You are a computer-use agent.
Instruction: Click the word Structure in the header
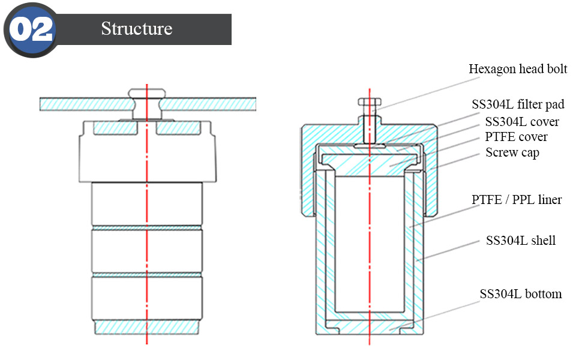[136, 29]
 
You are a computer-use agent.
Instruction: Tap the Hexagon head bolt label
[517, 69]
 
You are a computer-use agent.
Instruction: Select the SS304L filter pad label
[517, 104]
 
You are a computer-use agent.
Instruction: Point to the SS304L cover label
[521, 122]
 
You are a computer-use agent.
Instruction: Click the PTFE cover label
[515, 137]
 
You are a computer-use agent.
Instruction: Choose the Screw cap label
[512, 152]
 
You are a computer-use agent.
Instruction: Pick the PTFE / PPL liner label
[517, 199]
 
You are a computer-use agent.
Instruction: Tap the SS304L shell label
[520, 241]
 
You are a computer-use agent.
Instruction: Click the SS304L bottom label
[520, 294]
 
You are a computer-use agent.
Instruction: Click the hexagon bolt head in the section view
[368, 103]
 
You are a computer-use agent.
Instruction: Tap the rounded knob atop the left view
[147, 94]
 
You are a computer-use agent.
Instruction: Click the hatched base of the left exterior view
[147, 328]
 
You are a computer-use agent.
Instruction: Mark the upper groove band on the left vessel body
[147, 228]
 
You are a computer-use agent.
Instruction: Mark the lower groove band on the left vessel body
[147, 274]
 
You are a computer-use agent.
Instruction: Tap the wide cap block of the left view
[147, 153]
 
